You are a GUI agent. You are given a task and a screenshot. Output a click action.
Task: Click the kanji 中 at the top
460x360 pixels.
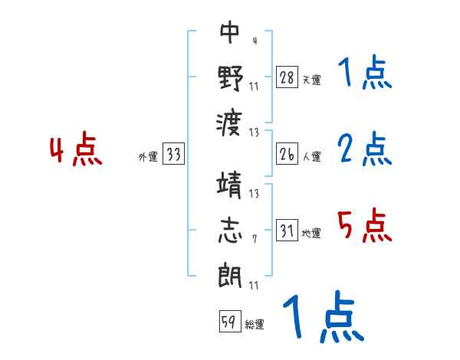(x=229, y=32)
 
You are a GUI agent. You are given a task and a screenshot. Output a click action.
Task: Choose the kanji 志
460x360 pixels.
(x=230, y=232)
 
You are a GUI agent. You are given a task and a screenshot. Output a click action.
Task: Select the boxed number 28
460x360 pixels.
(x=287, y=77)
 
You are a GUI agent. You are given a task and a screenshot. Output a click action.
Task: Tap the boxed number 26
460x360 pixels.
(x=287, y=155)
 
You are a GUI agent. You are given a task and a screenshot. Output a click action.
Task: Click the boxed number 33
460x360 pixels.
(x=173, y=155)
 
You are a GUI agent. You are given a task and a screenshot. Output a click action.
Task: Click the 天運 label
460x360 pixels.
(x=311, y=80)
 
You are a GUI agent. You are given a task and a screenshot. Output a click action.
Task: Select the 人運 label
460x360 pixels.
(x=311, y=157)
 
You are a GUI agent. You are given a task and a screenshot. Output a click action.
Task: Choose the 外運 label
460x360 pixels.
(x=148, y=157)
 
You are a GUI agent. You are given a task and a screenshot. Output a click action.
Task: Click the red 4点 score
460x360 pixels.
(x=77, y=151)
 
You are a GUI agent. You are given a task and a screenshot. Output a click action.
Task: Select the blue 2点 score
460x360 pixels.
(x=365, y=149)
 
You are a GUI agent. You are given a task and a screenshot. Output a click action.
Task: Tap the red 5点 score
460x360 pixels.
(x=365, y=227)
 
